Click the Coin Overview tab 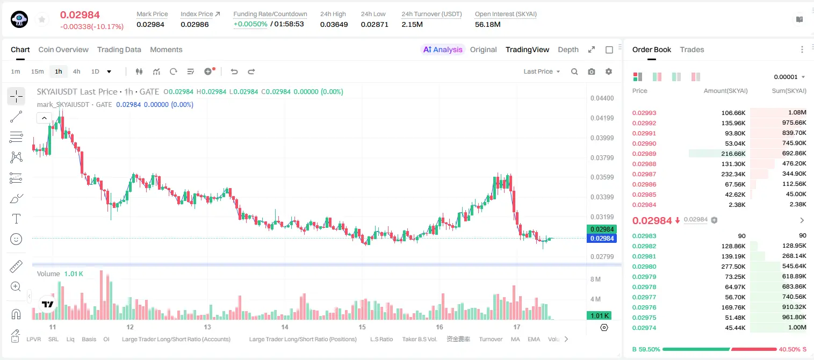pyautogui.click(x=63, y=49)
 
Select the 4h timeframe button pyautogui.click(x=76, y=71)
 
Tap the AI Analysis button pyautogui.click(x=443, y=49)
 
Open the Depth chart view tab pyautogui.click(x=568, y=49)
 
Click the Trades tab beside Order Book pyautogui.click(x=692, y=49)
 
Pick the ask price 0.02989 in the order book pyautogui.click(x=644, y=154)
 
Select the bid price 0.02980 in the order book pyautogui.click(x=644, y=267)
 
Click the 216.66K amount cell pyautogui.click(x=733, y=154)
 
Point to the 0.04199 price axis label pyautogui.click(x=602, y=118)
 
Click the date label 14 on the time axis pyautogui.click(x=285, y=327)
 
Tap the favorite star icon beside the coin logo pyautogui.click(x=42, y=19)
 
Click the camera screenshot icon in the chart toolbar pyautogui.click(x=591, y=71)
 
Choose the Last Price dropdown pyautogui.click(x=542, y=71)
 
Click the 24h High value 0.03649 pyautogui.click(x=334, y=24)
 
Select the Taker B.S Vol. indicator pyautogui.click(x=419, y=339)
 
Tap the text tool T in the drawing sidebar pyautogui.click(x=16, y=219)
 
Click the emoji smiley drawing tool pyautogui.click(x=16, y=239)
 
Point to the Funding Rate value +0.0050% pyautogui.click(x=250, y=24)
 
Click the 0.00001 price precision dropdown pyautogui.click(x=789, y=77)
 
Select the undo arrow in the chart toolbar pyautogui.click(x=234, y=71)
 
